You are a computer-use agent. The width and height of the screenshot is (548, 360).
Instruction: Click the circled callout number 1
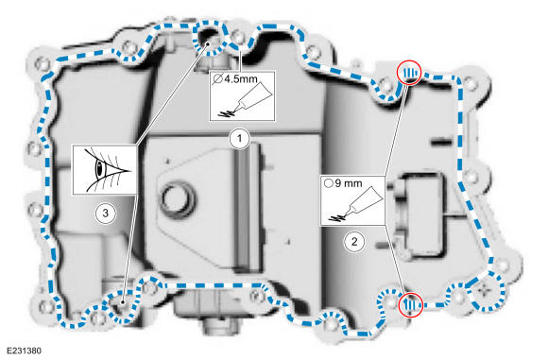(240, 139)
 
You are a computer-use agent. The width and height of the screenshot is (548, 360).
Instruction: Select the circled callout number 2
(354, 242)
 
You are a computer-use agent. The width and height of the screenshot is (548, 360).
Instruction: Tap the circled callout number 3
(105, 213)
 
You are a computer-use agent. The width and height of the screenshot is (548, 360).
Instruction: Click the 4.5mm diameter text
(235, 79)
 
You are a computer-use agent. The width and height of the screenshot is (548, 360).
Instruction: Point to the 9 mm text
(343, 183)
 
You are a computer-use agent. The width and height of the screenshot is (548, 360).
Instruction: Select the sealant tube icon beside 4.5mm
(245, 101)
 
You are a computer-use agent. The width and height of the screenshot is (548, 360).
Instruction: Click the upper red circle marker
(410, 73)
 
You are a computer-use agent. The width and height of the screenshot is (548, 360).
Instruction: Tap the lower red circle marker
(411, 305)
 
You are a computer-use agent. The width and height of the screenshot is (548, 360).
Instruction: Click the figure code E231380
(24, 351)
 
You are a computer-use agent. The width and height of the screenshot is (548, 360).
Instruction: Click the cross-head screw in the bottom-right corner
(485, 290)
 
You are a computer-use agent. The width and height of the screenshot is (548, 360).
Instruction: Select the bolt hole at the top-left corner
(43, 64)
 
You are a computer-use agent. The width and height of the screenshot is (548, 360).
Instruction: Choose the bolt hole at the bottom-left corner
(44, 306)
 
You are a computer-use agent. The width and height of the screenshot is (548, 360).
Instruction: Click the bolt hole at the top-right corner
(471, 84)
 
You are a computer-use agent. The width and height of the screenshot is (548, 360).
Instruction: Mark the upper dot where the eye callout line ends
(208, 44)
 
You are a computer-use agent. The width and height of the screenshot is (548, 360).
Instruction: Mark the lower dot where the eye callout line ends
(123, 302)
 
